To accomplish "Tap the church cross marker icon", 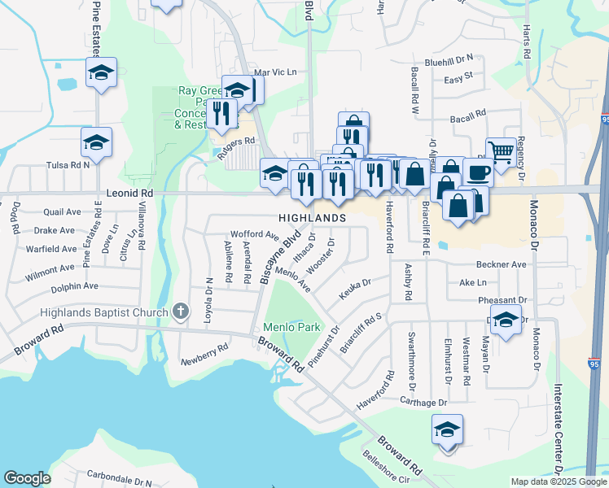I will [181, 312].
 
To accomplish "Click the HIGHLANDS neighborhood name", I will [313, 218].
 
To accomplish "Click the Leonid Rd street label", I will [129, 194].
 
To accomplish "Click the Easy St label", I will [458, 80].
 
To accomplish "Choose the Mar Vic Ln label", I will [275, 72].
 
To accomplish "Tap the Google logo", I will [27, 477].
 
